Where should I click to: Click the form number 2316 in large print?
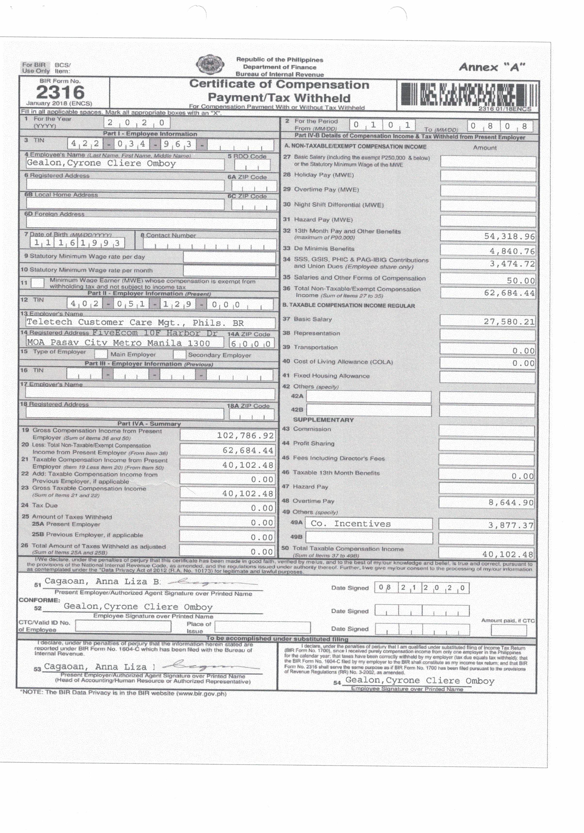point(60,92)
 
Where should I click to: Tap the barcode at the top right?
point(468,94)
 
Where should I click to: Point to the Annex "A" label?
point(492,67)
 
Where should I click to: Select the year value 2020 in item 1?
point(136,123)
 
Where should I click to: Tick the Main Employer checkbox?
point(101,354)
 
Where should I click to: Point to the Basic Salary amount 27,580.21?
point(509,321)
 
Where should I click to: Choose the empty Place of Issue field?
point(262,627)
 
